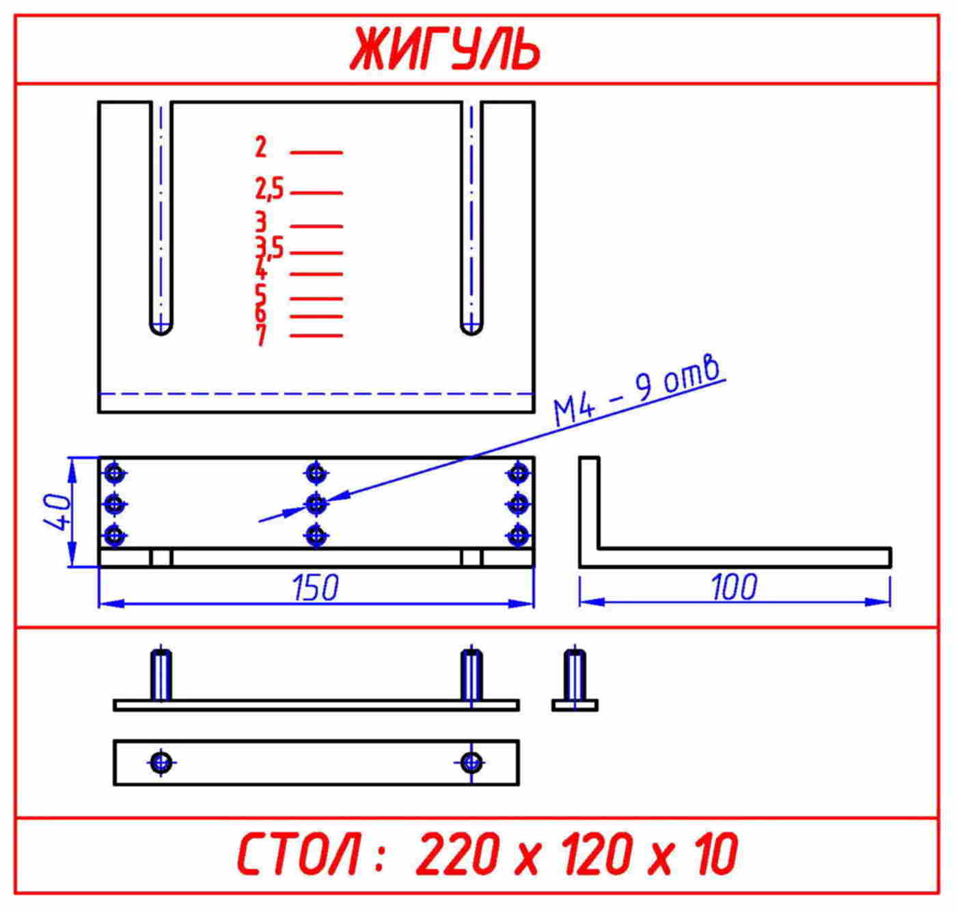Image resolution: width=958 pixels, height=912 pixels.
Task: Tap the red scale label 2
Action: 261,147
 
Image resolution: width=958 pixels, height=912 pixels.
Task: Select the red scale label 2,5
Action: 269,189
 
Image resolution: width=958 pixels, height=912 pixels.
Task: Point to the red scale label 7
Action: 262,335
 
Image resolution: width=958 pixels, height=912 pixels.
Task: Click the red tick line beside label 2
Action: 317,153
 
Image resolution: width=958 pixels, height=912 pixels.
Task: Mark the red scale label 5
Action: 261,294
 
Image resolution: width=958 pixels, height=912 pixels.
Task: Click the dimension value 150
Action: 315,587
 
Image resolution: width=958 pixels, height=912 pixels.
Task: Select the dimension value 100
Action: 735,587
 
